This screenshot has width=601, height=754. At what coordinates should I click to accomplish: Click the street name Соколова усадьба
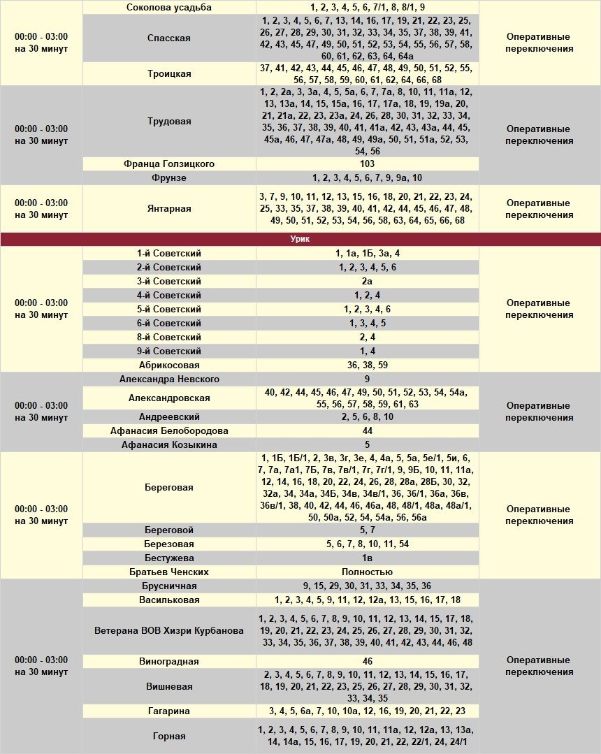pyautogui.click(x=169, y=7)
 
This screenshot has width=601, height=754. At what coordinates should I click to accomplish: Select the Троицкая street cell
pyautogui.click(x=169, y=73)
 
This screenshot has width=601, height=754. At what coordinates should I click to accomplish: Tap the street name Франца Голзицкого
pyautogui.click(x=169, y=164)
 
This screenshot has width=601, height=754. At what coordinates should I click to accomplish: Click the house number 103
pyautogui.click(x=368, y=164)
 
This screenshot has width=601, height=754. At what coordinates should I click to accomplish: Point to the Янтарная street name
pyautogui.click(x=169, y=208)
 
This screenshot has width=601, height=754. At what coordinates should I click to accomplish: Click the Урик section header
pyautogui.click(x=300, y=239)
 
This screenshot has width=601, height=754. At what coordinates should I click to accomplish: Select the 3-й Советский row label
pyautogui.click(x=169, y=281)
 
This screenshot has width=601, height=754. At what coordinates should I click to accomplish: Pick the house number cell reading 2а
pyautogui.click(x=368, y=281)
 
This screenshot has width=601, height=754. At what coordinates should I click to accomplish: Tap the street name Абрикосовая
pyautogui.click(x=169, y=365)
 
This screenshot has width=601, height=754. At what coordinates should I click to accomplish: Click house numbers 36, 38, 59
pyautogui.click(x=368, y=365)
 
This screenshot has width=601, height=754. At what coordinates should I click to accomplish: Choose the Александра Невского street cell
pyautogui.click(x=169, y=379)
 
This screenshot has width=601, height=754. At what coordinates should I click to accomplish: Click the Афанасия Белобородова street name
pyautogui.click(x=169, y=430)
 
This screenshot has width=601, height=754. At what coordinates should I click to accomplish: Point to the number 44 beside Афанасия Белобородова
pyautogui.click(x=368, y=430)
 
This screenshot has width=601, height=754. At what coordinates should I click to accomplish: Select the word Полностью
pyautogui.click(x=368, y=572)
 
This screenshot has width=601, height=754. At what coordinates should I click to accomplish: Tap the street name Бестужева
pyautogui.click(x=169, y=558)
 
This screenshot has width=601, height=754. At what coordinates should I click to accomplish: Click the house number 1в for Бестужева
pyautogui.click(x=368, y=558)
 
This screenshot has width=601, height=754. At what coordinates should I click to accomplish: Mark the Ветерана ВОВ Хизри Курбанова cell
pyautogui.click(x=169, y=630)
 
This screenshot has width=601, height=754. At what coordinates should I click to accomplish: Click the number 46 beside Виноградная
pyautogui.click(x=368, y=661)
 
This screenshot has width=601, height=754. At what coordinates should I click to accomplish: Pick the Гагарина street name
pyautogui.click(x=169, y=711)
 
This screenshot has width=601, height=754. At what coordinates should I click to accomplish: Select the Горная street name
pyautogui.click(x=169, y=736)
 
